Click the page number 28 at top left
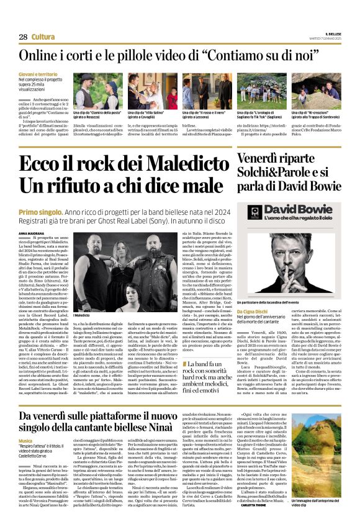coord(23,37)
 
